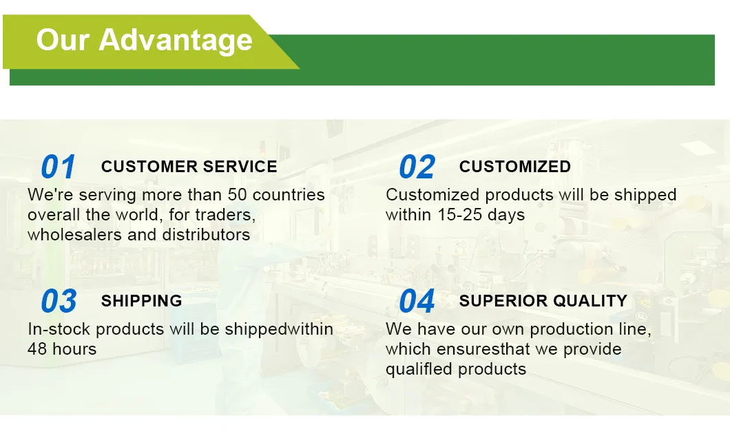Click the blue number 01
(59, 167)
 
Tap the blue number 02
(417, 167)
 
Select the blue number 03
(59, 301)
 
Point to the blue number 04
(417, 301)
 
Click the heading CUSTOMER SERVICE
(189, 167)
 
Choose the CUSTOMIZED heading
(515, 167)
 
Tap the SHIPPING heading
(142, 301)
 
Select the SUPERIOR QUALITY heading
(543, 301)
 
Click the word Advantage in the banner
(176, 41)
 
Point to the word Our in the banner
(63, 40)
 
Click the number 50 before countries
(238, 195)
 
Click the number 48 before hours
(37, 348)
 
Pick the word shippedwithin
(279, 329)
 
